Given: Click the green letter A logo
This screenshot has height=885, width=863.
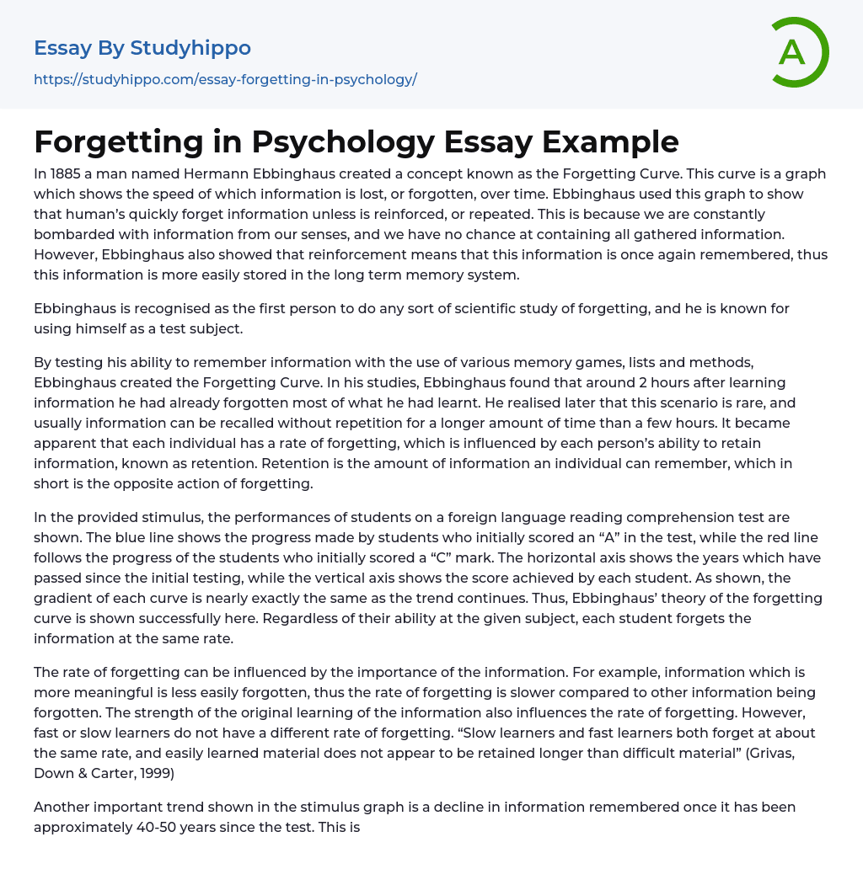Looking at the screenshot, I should point(797,52).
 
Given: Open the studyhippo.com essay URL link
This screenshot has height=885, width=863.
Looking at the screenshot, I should point(225,80).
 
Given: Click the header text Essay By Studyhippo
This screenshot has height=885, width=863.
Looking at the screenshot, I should point(142,48).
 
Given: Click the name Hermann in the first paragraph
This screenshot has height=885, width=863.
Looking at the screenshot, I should point(212,173).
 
